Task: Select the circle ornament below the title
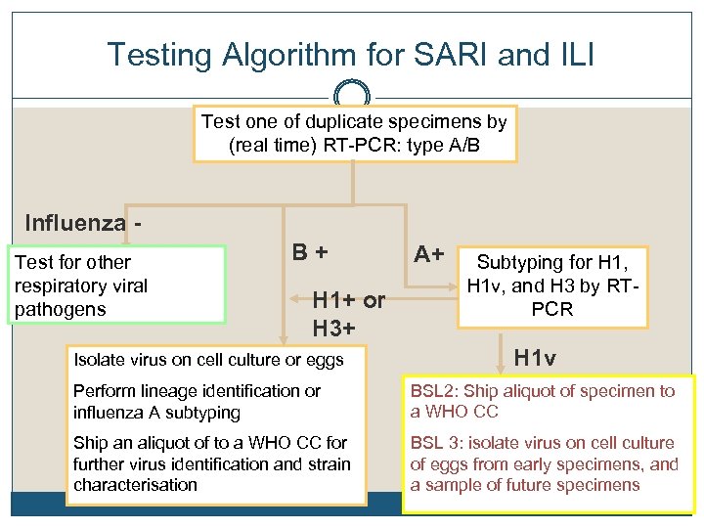point(352,96)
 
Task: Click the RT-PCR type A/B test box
point(354,134)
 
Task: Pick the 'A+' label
point(428,254)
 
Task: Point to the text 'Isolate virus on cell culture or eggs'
point(208,360)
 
